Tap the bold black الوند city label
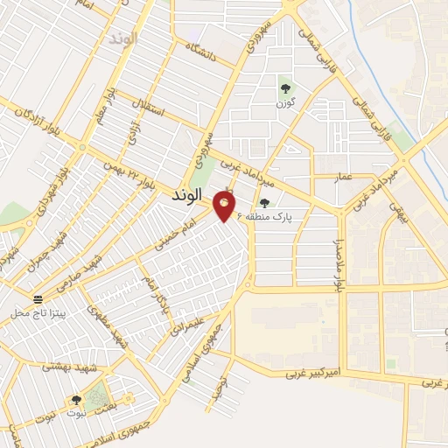click(183, 195)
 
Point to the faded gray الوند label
click(122, 39)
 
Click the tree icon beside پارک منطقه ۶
click(265, 203)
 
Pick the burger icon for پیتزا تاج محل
click(35, 298)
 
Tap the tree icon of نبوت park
click(76, 400)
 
